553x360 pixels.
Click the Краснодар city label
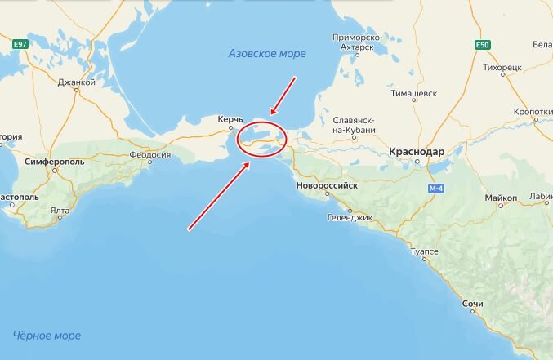[417, 152]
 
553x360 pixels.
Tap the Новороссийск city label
[328, 186]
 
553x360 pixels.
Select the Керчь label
[230, 120]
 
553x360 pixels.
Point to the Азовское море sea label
[266, 54]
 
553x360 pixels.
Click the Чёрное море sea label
[47, 336]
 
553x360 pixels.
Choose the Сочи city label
[472, 304]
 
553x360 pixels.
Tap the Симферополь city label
[56, 162]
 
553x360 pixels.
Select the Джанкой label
[77, 82]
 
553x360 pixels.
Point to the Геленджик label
[350, 218]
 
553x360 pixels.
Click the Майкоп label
[500, 198]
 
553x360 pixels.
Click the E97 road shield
[20, 44]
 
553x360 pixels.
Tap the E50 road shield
[483, 44]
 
